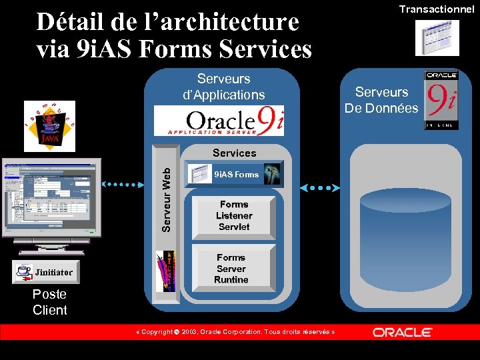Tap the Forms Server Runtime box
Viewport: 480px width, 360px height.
[232, 269]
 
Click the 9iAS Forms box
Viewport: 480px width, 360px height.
[233, 174]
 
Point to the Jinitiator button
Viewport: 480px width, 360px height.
[45, 271]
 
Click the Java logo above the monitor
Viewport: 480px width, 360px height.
[49, 126]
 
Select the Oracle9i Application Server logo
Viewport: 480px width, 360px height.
[219, 121]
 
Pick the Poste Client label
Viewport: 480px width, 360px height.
[50, 302]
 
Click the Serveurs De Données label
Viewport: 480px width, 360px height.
[381, 100]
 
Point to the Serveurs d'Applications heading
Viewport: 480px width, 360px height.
[224, 87]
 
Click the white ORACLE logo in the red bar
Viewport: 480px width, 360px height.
[402, 332]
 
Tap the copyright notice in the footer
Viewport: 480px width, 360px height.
[235, 332]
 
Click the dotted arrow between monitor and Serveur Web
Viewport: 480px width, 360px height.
[123, 184]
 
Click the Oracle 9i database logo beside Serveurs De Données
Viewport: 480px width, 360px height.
[441, 99]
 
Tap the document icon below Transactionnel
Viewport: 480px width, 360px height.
[437, 38]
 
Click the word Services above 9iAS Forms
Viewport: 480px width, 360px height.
[234, 153]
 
